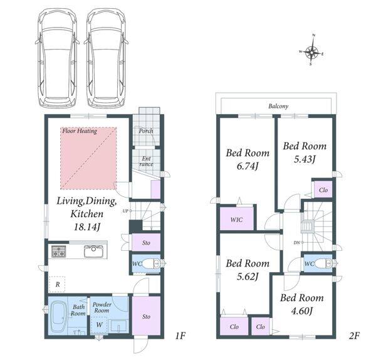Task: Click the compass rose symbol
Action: pos(311,51)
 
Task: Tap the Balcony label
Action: pos(278,107)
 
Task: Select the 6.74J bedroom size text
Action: pos(248,166)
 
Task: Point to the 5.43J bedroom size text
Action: pos(305,159)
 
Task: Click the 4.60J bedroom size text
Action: pos(301,311)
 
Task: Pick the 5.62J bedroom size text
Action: pos(248,277)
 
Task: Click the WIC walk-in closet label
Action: pos(236,220)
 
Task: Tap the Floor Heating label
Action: pos(80,131)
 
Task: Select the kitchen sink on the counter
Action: pos(93,251)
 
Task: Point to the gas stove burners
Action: pos(58,251)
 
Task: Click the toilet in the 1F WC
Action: pos(151,264)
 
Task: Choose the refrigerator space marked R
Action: pos(57,284)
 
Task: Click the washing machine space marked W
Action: pos(99,324)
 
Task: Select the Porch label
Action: pos(146,131)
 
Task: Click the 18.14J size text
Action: pos(86,226)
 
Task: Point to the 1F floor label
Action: pos(180,336)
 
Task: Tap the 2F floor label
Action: pos(354,336)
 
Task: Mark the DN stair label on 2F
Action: pos(297,243)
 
